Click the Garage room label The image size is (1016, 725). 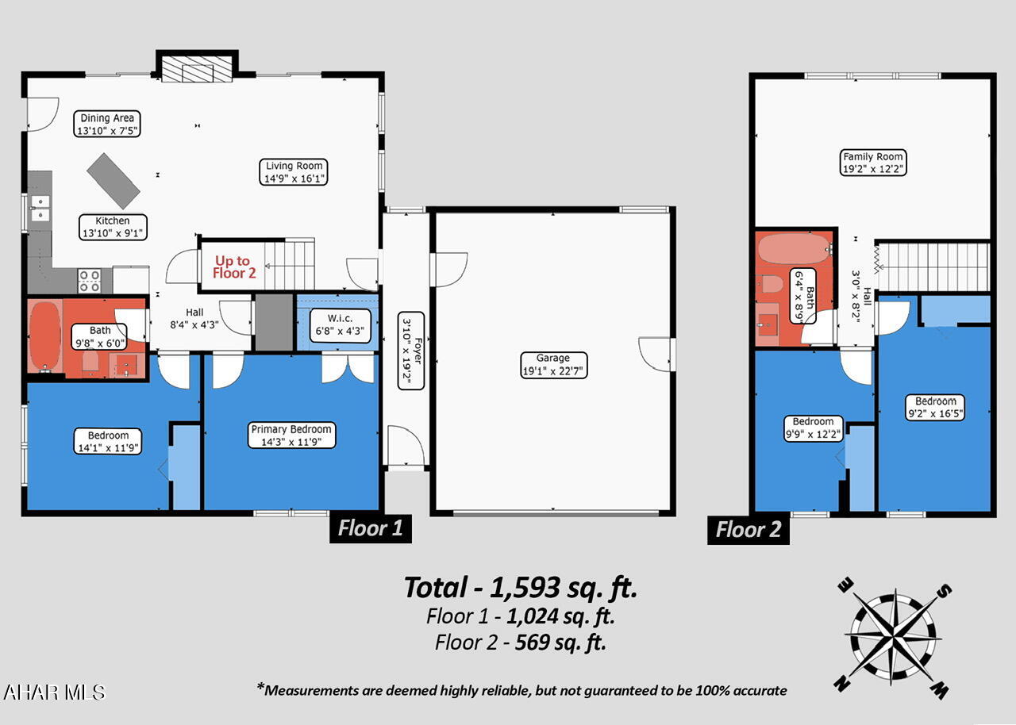[553, 365]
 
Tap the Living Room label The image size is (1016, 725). [294, 172]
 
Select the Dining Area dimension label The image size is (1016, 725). [106, 125]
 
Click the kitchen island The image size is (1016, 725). [114, 181]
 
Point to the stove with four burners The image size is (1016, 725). [89, 281]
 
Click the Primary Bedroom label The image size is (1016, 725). [291, 435]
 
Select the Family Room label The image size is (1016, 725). [873, 163]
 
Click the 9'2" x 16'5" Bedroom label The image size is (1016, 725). [935, 407]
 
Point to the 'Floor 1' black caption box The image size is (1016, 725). [371, 528]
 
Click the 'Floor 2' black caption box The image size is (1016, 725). [749, 529]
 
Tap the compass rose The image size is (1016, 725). [895, 637]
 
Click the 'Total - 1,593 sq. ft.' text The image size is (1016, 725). [521, 588]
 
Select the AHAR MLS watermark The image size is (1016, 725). [54, 692]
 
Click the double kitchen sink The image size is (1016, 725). [40, 208]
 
